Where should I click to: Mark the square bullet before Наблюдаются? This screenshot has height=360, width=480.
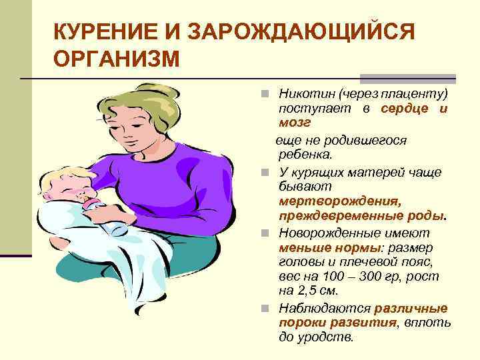[265, 309]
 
